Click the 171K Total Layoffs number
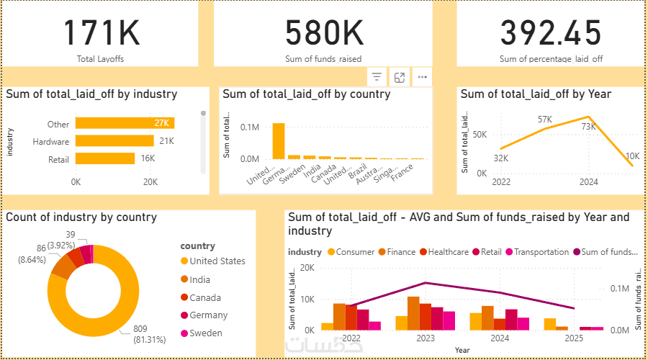pos(100,33)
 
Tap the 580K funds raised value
pos(323,33)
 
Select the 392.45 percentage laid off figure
pos(551,33)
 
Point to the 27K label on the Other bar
pos(161,123)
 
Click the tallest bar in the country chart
pos(278,140)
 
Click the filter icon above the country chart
pos(377,77)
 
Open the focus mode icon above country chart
pos(400,77)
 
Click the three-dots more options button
pos(422,77)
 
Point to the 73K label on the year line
pos(589,127)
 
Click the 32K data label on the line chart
pos(501,158)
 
